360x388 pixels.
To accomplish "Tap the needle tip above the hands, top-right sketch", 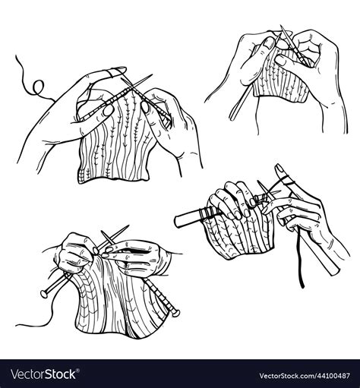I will (279, 29).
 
